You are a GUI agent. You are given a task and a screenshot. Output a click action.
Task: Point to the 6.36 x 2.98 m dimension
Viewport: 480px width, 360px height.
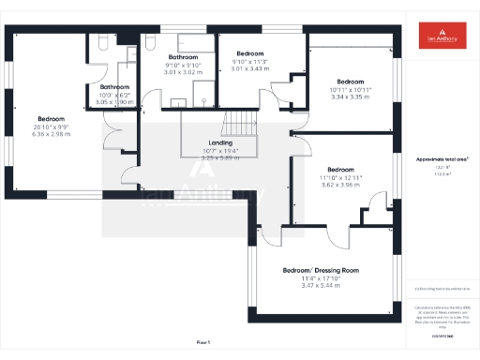[51, 133]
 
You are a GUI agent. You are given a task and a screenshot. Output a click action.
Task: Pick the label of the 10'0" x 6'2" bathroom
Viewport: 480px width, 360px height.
[116, 86]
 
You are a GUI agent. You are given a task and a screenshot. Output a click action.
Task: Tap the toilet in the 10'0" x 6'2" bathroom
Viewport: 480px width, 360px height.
[101, 42]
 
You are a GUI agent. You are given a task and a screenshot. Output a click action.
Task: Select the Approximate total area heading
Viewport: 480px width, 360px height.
[442, 159]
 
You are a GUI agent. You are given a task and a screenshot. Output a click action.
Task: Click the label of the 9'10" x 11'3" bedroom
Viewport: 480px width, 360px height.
[250, 53]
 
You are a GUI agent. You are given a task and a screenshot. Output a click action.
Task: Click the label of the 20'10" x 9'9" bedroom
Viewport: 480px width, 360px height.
[51, 119]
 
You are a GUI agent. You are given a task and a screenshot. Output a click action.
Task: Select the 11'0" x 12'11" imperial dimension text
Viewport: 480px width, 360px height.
[339, 177]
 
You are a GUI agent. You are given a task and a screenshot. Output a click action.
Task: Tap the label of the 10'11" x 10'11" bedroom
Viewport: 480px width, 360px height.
[351, 82]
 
